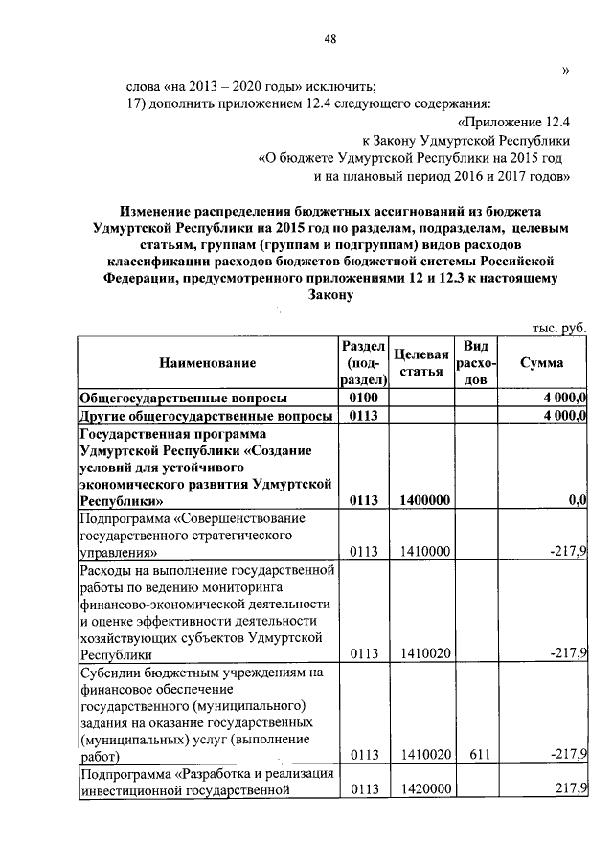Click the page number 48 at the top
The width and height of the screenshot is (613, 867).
pyautogui.click(x=330, y=38)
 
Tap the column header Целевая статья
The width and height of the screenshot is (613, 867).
pyautogui.click(x=421, y=363)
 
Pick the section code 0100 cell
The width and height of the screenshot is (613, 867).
pyautogui.click(x=364, y=398)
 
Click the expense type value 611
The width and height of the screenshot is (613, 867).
pyautogui.click(x=476, y=756)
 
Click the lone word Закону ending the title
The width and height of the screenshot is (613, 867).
pyautogui.click(x=331, y=296)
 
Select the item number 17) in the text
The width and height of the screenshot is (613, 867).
pyautogui.click(x=140, y=103)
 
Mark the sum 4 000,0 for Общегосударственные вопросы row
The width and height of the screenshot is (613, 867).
pyautogui.click(x=565, y=398)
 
